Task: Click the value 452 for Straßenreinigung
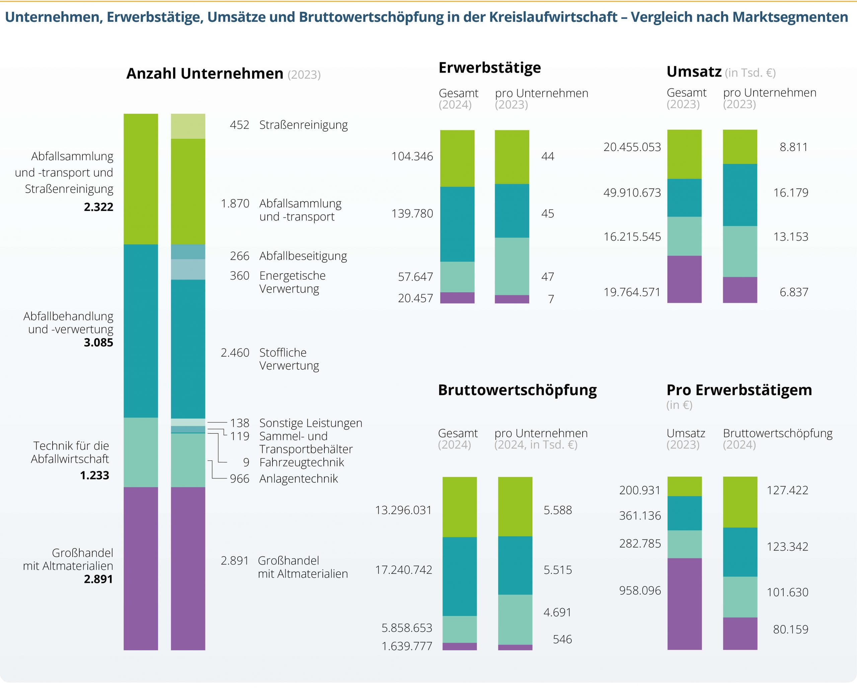click(239, 125)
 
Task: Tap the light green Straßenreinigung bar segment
click(188, 127)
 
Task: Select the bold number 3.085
click(98, 342)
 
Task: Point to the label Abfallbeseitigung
click(303, 256)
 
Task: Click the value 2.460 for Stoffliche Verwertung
click(235, 353)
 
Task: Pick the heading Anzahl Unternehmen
click(205, 74)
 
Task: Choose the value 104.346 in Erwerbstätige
click(412, 156)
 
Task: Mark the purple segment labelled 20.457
click(457, 298)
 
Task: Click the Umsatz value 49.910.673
click(632, 193)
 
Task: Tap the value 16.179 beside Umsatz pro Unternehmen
click(791, 193)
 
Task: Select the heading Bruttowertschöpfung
click(517, 390)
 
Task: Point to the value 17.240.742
click(403, 570)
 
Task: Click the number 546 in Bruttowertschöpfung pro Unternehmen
click(562, 639)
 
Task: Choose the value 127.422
click(787, 490)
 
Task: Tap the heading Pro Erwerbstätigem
click(739, 390)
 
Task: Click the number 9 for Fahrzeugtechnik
click(246, 462)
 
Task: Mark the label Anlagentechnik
click(299, 478)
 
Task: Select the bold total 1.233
click(95, 475)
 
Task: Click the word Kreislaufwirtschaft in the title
click(553, 17)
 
